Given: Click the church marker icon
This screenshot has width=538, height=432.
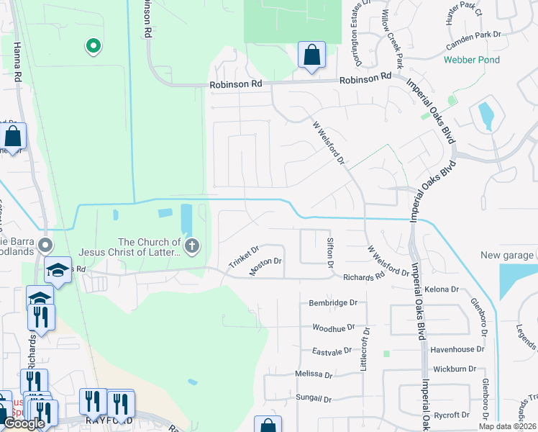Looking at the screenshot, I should click(x=191, y=247).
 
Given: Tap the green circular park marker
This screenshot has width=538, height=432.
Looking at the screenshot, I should click(x=93, y=47).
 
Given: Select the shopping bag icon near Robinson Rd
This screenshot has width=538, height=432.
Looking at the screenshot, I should click(x=311, y=55).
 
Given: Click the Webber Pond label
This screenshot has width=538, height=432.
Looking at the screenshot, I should click(x=471, y=60).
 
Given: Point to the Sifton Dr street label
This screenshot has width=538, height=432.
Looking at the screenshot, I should click(x=330, y=253).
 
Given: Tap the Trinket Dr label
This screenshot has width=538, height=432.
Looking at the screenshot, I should click(x=243, y=257).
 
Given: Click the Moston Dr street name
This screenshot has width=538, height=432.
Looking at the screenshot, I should click(x=265, y=266).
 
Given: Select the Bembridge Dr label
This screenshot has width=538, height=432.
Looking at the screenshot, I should click(x=333, y=303).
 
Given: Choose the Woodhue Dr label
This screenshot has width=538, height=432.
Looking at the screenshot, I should click(x=334, y=327).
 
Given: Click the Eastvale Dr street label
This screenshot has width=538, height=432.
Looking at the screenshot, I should click(x=332, y=351).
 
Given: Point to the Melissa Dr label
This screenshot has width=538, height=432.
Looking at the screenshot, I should click(x=314, y=374).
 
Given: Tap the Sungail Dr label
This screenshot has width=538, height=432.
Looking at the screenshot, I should click(x=313, y=398).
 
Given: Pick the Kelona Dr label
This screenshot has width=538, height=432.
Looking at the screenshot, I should click(x=442, y=289).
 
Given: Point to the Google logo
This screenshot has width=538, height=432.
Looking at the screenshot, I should click(x=24, y=423).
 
